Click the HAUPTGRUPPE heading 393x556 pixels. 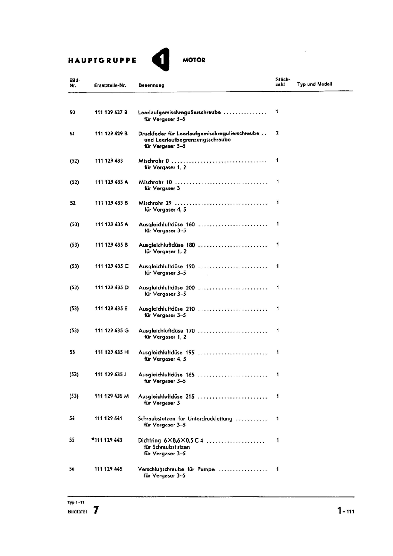tap(102, 60)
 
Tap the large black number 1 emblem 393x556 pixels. tap(161, 59)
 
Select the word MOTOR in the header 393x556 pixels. tap(194, 60)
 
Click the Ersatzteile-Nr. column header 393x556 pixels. tap(110, 85)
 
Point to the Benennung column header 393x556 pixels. tap(151, 85)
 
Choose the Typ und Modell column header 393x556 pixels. tap(315, 84)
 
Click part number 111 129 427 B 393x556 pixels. tap(111, 112)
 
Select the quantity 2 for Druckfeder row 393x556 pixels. tap(277, 133)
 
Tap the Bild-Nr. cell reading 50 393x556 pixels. tap(72, 112)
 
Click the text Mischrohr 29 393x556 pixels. tap(155, 203)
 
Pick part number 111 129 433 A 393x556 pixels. tap(111, 182)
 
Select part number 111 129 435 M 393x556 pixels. tap(111, 396)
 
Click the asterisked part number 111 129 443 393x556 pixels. tap(107, 440)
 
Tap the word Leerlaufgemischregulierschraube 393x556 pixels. tap(179, 112)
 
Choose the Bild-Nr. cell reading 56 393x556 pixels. tap(72, 469)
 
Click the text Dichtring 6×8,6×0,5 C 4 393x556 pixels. tap(170, 441)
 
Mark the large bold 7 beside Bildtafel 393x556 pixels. tap(96, 510)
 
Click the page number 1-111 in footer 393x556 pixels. tap(345, 511)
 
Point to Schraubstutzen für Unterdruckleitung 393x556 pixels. tap(185, 419)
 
